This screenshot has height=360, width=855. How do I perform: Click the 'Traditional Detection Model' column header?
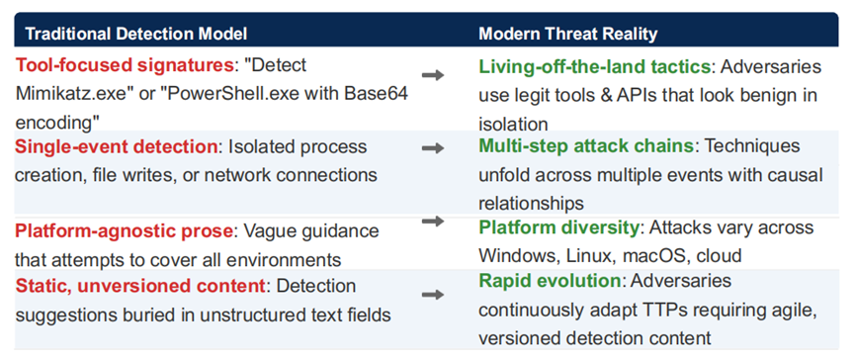coord(136,34)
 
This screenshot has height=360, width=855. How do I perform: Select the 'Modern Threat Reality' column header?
coord(568,34)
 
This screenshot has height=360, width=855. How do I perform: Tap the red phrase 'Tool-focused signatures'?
coord(125,65)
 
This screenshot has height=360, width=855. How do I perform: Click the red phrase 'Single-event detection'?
coord(117,147)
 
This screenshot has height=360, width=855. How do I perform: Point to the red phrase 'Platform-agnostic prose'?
coord(124,230)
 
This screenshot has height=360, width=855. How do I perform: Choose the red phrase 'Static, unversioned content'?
coord(139,286)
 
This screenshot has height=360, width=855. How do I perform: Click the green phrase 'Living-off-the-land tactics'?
coord(595,66)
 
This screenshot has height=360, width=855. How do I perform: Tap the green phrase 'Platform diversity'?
coord(558,226)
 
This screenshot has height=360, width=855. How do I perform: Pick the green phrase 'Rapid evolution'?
coord(550,281)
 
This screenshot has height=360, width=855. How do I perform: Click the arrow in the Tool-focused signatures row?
coord(433,75)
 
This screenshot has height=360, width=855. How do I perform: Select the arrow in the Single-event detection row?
coord(433,148)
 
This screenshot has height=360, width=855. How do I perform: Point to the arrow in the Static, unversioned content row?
coord(433,295)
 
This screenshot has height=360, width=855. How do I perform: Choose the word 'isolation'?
coord(513,124)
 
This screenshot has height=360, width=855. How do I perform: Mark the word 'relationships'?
coord(531,203)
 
